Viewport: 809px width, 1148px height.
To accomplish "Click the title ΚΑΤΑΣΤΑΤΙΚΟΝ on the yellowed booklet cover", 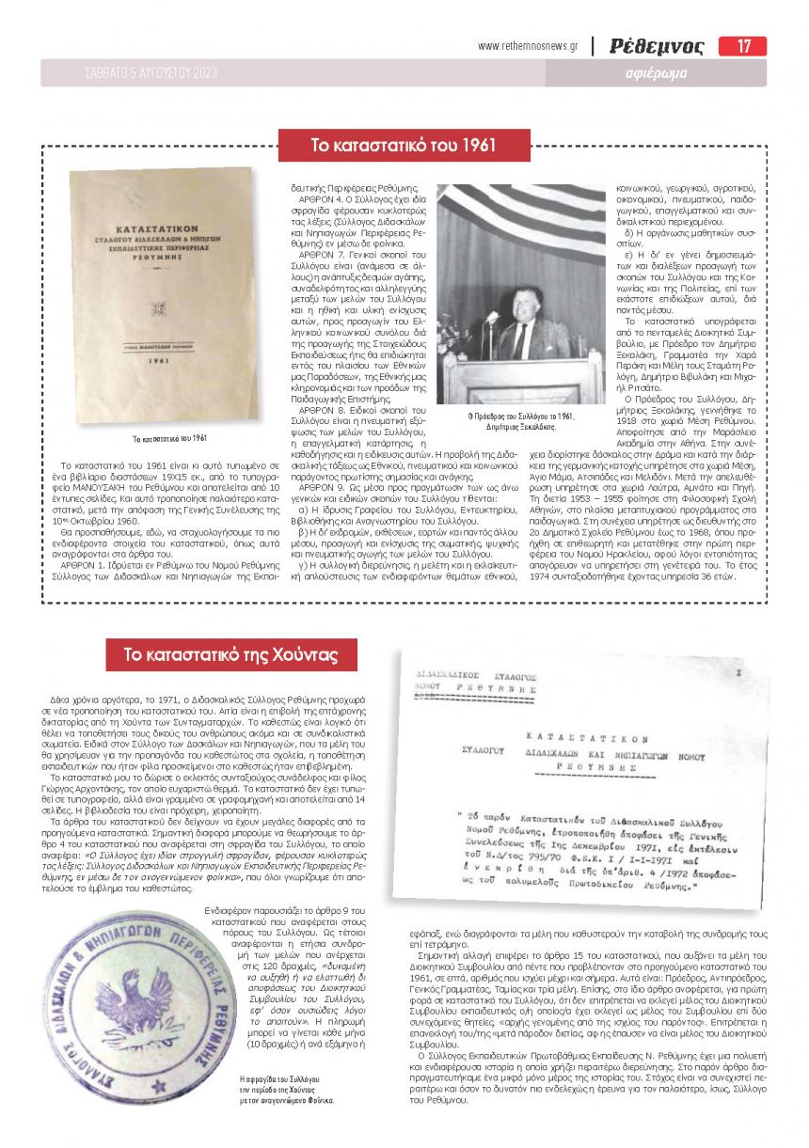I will click(163, 228).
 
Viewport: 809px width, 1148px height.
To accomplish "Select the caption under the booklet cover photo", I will click(169, 438).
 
